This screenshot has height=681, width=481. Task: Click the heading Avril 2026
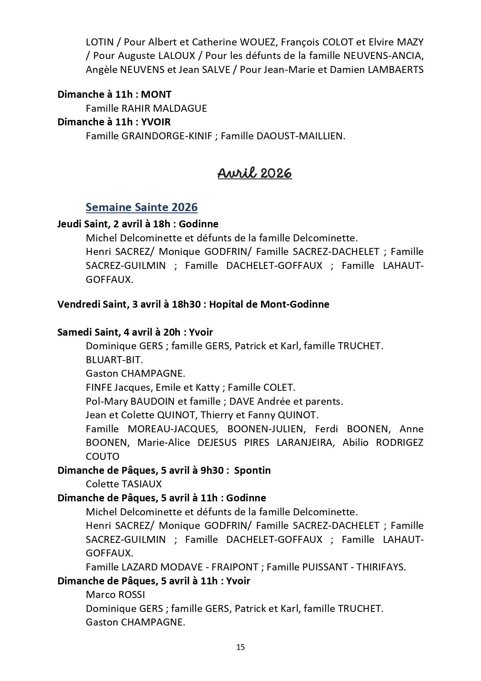pos(254,173)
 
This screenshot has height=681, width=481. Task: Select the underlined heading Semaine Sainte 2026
pos(142,207)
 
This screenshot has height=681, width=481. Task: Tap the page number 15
pos(240,647)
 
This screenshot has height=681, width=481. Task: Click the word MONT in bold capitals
pos(156,94)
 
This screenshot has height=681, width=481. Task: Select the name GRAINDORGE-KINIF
pos(167,136)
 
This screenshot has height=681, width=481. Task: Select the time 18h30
pos(186,304)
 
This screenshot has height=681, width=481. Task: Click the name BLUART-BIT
pos(114,360)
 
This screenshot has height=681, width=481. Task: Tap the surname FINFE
pos(99,387)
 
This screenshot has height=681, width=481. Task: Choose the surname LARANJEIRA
pos(305,443)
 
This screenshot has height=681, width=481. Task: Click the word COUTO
pos(102,456)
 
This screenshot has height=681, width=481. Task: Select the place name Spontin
pos(253,470)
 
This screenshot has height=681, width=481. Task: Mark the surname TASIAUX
pos(142,484)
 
